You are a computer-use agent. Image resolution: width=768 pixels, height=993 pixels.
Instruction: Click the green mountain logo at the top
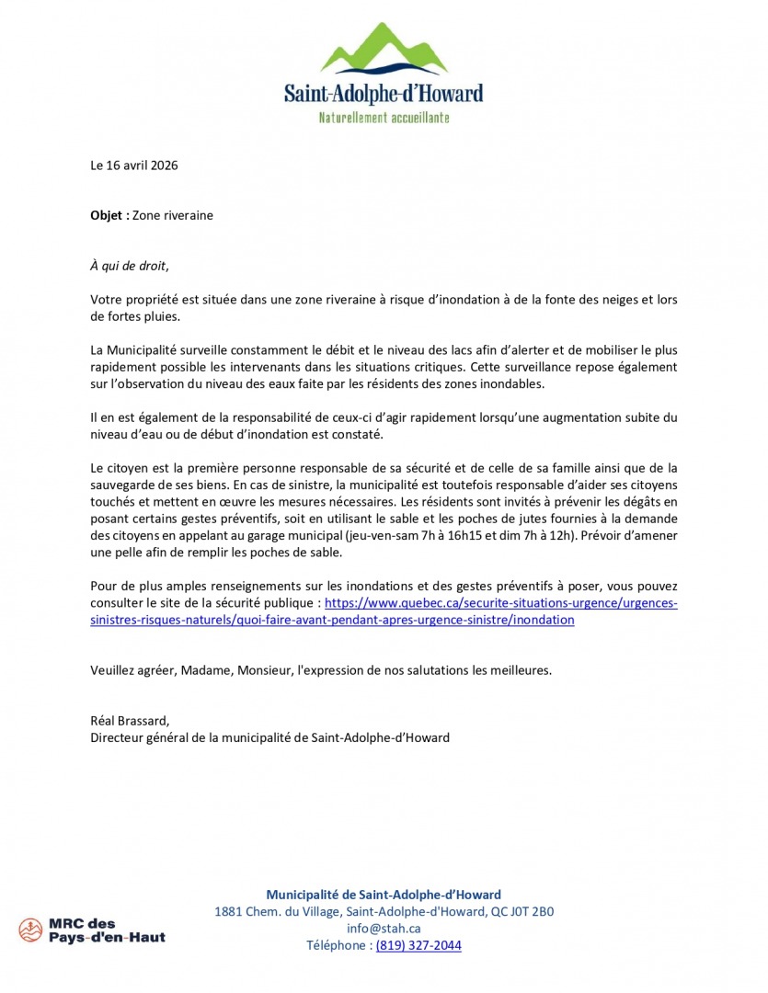(384, 51)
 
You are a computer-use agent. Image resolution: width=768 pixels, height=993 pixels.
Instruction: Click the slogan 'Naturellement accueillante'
(384, 118)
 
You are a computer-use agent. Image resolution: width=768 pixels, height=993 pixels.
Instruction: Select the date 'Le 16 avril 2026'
(133, 165)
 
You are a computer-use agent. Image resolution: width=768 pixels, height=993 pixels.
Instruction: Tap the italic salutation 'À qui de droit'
(129, 266)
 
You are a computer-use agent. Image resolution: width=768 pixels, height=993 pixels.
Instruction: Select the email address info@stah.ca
(384, 929)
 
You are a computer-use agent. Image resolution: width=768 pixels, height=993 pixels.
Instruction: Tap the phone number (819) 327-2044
(418, 945)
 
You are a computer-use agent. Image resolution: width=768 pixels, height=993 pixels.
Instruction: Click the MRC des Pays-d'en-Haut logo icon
(30, 930)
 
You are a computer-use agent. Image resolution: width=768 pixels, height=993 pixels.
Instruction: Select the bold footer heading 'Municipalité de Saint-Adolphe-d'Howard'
(384, 895)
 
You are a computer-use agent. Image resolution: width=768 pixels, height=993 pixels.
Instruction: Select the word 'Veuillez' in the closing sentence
(114, 669)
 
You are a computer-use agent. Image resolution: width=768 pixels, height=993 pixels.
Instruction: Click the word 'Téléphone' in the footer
(337, 945)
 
